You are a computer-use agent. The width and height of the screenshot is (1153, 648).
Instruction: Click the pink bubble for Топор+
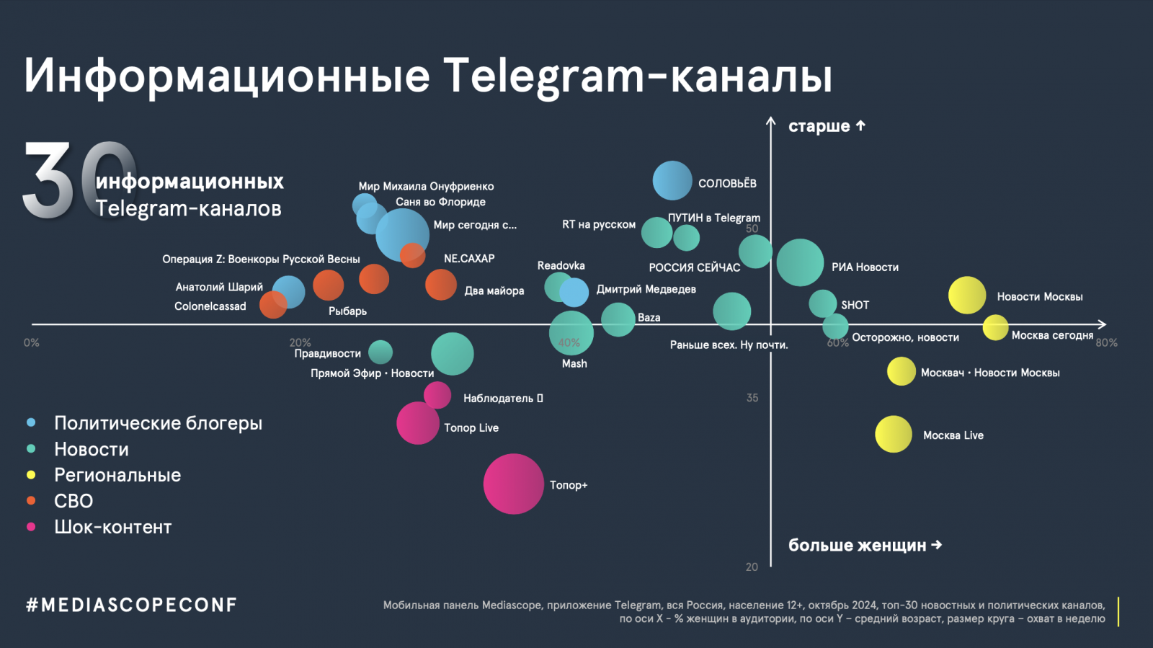[x=513, y=484]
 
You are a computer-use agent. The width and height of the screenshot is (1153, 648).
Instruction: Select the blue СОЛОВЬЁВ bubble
[x=672, y=180]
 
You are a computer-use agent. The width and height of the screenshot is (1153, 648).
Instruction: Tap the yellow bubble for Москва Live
[x=894, y=434]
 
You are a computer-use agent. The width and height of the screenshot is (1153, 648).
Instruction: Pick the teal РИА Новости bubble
[x=800, y=262]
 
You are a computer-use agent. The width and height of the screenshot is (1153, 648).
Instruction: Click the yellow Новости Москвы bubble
[x=967, y=295]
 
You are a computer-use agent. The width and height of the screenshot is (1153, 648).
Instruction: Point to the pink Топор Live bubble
[x=417, y=423]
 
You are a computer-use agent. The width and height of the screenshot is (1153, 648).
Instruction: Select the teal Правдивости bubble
[x=380, y=352]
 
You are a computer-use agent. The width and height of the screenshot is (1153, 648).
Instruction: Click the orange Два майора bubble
[x=441, y=285]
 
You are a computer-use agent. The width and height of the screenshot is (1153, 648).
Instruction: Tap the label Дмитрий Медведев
[x=646, y=289]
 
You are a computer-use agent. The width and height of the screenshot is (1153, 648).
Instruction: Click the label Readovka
[x=561, y=265]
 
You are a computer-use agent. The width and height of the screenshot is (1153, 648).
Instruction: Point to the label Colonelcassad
[x=210, y=306]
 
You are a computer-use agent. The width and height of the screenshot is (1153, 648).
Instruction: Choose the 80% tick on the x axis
[x=1106, y=342]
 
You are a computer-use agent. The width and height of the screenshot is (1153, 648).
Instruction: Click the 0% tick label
[x=31, y=342]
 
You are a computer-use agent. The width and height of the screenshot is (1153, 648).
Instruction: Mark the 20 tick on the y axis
[x=752, y=567]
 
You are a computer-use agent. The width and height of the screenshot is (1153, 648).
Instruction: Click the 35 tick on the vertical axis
[x=752, y=398]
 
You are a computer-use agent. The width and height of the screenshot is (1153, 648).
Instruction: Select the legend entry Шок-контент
[x=112, y=527]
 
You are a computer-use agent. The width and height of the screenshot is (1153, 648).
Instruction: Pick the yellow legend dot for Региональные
[x=31, y=475]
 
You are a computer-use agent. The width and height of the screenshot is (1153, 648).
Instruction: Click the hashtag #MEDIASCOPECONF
[x=131, y=605]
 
